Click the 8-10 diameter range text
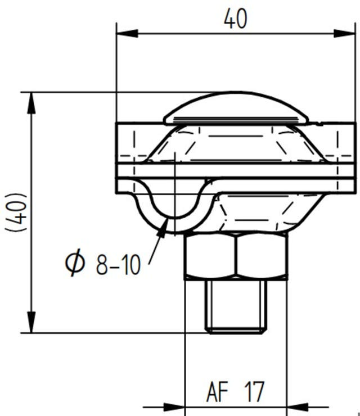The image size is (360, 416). point(118,264)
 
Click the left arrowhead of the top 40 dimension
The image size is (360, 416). point(124,33)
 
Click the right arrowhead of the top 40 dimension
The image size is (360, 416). point(348,33)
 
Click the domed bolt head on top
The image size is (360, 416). point(236,110)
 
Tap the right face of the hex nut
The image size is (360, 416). point(262,256)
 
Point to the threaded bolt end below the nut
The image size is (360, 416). point(235,306)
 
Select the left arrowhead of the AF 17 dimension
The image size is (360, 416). point(178,406)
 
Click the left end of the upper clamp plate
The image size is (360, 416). point(125,143)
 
